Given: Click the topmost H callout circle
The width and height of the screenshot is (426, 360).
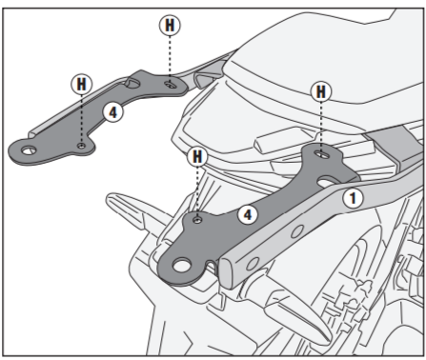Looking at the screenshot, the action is click(170, 25).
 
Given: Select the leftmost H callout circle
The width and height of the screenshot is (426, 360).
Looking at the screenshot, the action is click(82, 84).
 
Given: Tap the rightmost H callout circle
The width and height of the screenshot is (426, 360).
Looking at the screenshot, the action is click(321, 91).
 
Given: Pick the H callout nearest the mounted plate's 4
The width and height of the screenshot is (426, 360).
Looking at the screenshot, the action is click(197, 156).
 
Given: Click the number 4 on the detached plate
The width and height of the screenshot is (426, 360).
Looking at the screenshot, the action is click(113, 112).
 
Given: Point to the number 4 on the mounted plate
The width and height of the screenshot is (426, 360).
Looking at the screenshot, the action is click(248, 215).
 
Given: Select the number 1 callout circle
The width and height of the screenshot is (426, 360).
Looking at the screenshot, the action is click(353, 198).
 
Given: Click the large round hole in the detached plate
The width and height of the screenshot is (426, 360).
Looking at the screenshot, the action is click(29, 150).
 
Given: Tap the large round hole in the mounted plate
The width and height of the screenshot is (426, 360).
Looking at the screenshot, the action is click(182, 265).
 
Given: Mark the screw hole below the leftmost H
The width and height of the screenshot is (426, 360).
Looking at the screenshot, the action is click(82, 146).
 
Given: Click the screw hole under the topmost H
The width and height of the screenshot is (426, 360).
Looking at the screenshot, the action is click(170, 85).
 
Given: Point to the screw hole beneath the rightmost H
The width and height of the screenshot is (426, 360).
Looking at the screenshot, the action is click(320, 154).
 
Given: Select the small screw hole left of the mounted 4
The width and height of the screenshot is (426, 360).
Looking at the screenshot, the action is click(197, 219).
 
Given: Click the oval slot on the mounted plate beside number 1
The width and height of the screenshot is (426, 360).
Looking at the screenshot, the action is click(327, 182).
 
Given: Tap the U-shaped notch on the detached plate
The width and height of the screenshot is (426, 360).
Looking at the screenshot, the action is click(132, 83).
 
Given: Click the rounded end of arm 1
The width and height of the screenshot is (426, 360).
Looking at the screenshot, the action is click(226, 273).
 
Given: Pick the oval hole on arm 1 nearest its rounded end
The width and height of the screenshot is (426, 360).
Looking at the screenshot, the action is click(253, 263).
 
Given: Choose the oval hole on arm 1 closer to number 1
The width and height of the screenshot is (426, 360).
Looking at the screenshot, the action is click(297, 231).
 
